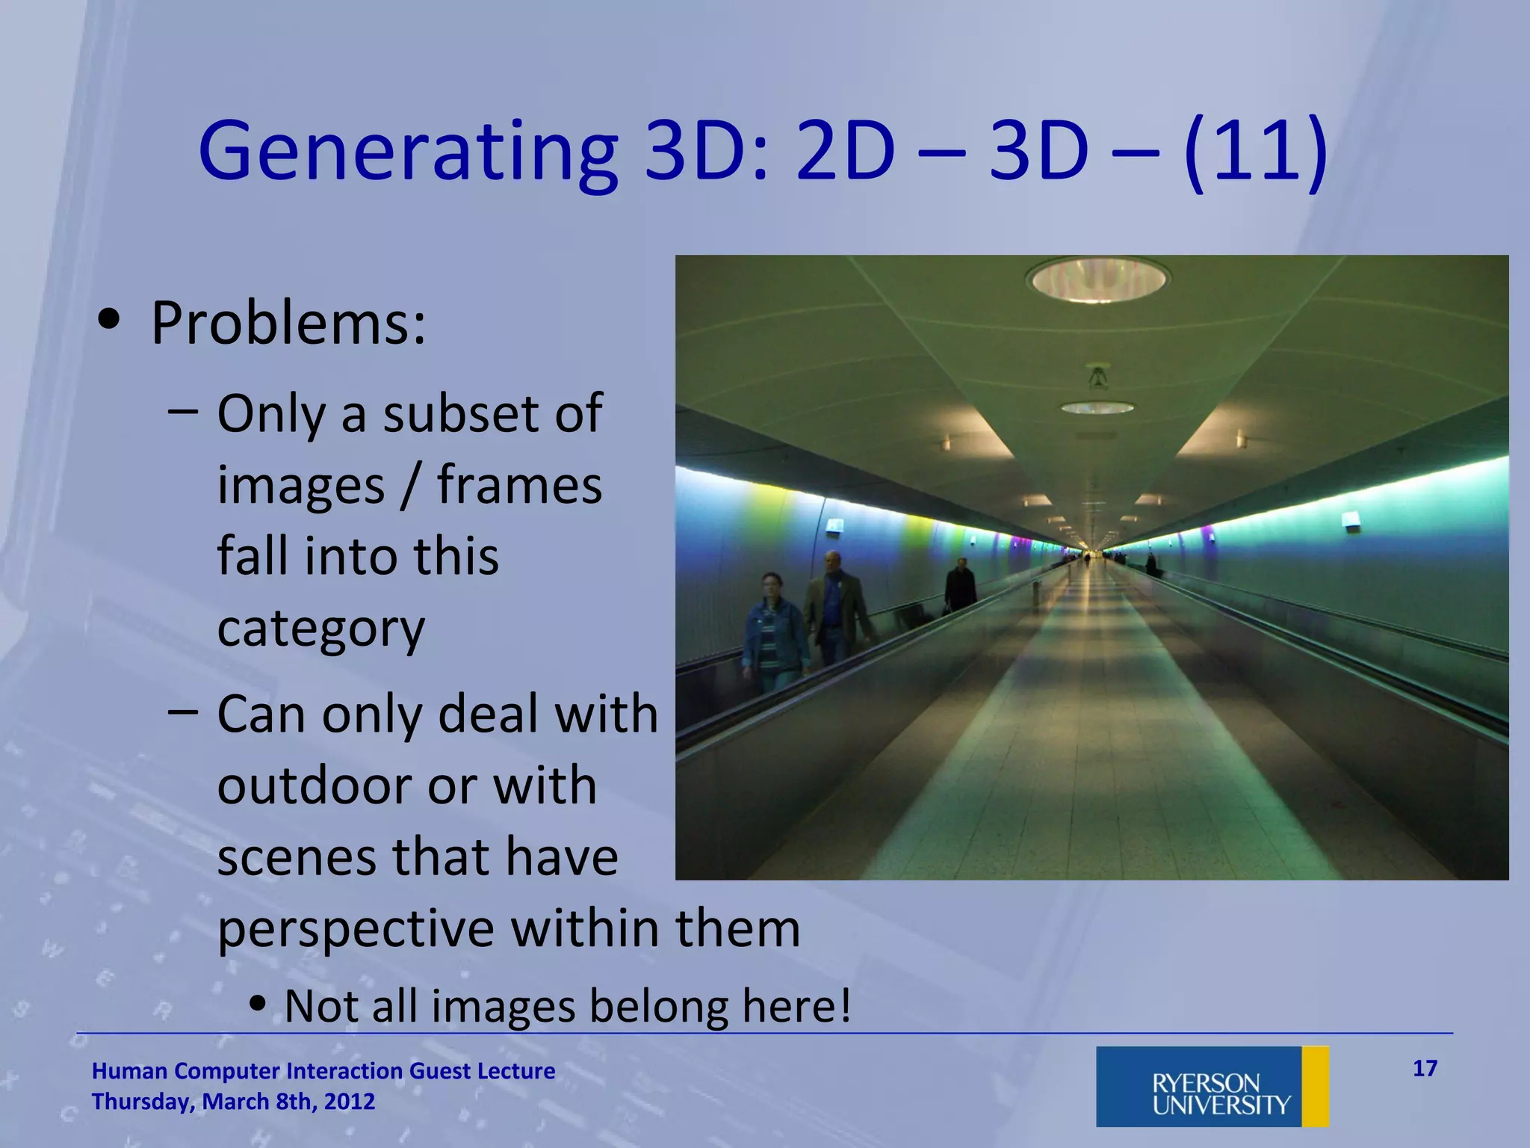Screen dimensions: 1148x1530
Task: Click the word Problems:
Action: [x=288, y=323]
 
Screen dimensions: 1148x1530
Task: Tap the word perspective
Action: [x=356, y=929]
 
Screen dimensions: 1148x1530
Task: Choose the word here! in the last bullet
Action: [x=796, y=1006]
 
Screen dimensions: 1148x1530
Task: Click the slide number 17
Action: [x=1425, y=1069]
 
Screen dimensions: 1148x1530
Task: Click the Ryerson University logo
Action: [x=1212, y=1087]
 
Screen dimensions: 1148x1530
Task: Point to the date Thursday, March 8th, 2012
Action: [x=233, y=1102]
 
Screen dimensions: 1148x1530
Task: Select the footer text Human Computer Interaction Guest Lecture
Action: [x=323, y=1071]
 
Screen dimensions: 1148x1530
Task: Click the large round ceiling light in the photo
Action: [x=1097, y=280]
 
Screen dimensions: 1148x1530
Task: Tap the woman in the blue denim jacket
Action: [x=773, y=632]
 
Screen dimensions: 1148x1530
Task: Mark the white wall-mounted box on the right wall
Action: [x=1350, y=521]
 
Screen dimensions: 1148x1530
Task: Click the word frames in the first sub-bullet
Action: [x=519, y=485]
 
